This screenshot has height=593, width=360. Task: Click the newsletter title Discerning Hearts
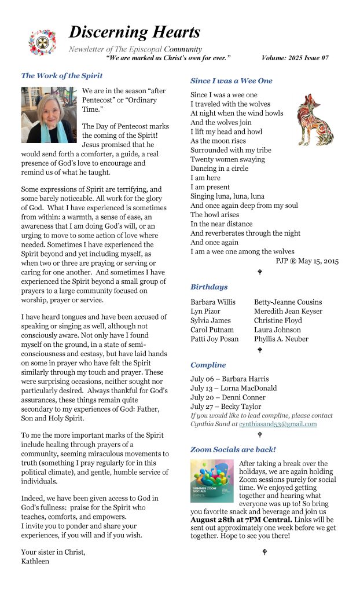point(134,32)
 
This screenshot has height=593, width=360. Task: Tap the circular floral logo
point(42,42)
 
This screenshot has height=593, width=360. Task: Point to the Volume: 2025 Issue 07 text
point(295,58)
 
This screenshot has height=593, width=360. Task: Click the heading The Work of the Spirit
point(61,76)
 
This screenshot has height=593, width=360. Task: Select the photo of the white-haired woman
point(49,115)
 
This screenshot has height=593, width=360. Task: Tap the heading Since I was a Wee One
point(231,80)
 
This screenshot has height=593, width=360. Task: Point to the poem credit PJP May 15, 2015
point(307,261)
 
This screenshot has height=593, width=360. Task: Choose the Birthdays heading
point(209,287)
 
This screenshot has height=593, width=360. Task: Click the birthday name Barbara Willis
point(212,302)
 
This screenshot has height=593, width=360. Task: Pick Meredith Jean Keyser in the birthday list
point(288,311)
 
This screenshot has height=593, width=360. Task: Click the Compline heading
point(208,365)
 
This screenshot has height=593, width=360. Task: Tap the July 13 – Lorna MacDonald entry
point(233,388)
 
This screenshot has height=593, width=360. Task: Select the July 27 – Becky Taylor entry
point(226,407)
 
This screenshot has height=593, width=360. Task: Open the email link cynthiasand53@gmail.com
point(278,424)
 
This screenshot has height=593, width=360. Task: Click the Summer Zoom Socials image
point(212,481)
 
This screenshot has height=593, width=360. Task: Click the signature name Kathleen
point(36,561)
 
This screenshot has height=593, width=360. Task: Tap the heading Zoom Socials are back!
point(233,449)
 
